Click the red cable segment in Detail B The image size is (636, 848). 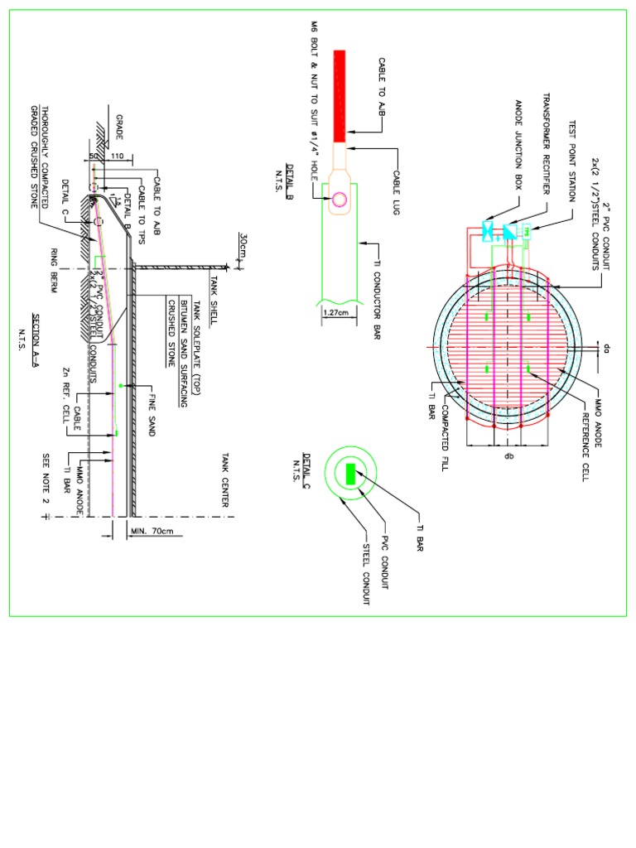340,95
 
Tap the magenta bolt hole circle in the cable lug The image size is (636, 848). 340,199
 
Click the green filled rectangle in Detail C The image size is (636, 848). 350,475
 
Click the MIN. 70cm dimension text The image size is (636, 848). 148,531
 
